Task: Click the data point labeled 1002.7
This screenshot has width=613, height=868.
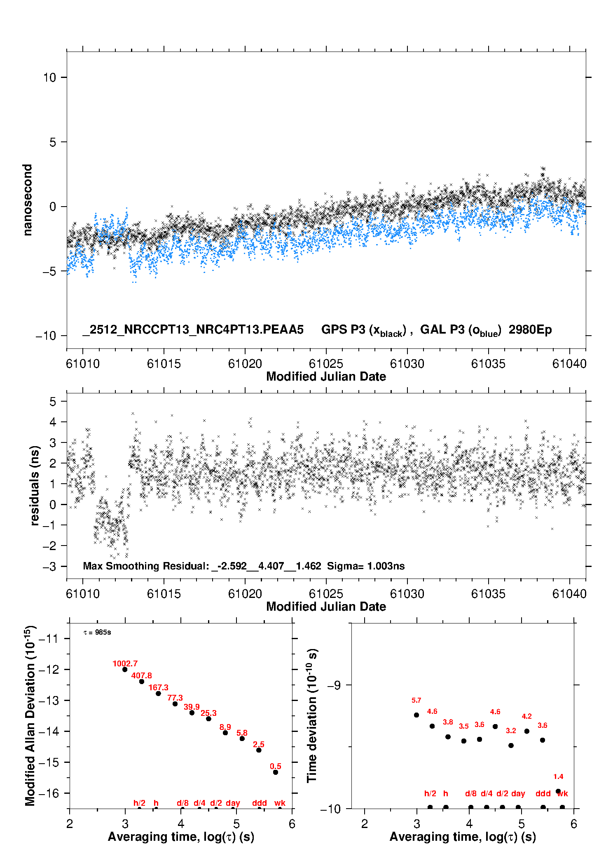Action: [125, 669]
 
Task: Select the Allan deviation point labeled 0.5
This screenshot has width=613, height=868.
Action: [276, 772]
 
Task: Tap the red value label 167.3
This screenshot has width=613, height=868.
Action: [158, 687]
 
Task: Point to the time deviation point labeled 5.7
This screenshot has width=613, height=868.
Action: [416, 715]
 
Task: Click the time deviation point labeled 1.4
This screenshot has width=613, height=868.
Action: [558, 791]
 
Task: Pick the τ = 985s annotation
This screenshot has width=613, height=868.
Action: [97, 633]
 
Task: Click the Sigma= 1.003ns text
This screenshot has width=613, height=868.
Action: [366, 566]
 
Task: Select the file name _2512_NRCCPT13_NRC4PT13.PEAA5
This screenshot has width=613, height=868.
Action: [193, 329]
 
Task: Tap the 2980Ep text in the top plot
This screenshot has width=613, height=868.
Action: [530, 329]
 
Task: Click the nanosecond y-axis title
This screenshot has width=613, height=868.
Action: [28, 200]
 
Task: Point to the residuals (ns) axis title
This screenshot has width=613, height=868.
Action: [35, 485]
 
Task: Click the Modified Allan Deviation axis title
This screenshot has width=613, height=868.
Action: [30, 715]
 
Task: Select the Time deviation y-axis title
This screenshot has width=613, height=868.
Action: [312, 715]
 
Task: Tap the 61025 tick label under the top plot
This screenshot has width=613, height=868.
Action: [326, 364]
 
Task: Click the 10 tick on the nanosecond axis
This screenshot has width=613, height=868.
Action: [49, 78]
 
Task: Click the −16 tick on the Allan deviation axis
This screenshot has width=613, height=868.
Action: [48, 793]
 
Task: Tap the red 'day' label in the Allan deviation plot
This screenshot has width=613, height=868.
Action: [233, 803]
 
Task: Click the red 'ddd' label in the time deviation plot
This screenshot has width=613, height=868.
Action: [543, 793]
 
